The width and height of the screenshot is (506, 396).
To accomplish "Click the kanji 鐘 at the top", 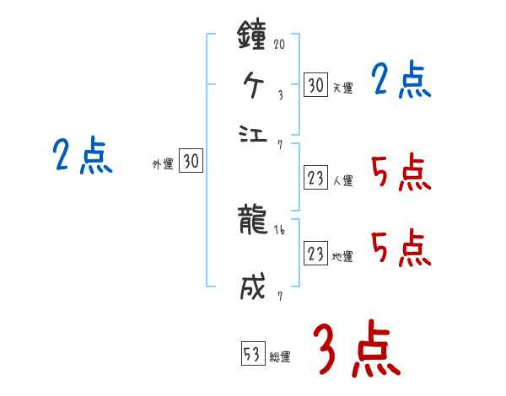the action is coord(255,37).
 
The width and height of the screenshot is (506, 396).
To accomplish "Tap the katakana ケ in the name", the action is coord(255,85).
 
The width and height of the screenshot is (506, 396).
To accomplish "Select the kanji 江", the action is coord(255,133).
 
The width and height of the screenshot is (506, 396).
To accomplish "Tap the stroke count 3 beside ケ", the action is coord(280,95).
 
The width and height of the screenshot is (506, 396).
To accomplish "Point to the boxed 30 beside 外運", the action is coord(191,162).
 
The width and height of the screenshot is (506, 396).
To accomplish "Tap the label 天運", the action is coord(342,88).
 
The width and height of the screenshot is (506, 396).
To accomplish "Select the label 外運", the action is coord(163,164).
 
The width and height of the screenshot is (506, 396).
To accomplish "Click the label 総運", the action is coord(280,356).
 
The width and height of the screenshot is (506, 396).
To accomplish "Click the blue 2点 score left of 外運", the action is coord(82,157).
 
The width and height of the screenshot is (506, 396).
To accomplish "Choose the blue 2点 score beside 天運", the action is coord(401,82).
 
